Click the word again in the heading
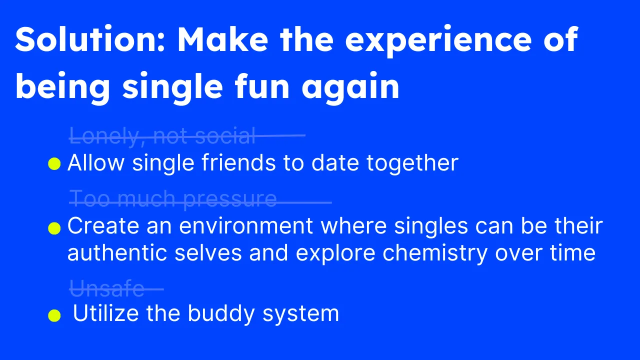(x=350, y=88)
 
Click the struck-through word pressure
(x=230, y=199)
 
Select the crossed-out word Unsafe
(x=107, y=288)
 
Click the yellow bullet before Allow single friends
(x=54, y=164)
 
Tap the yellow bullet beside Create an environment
(x=54, y=228)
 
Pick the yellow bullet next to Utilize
(x=54, y=315)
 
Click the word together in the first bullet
(x=412, y=163)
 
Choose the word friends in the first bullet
(x=239, y=162)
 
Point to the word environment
(x=246, y=226)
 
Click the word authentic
(x=117, y=253)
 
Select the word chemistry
(x=435, y=253)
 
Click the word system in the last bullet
(x=300, y=315)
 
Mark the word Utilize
(x=105, y=313)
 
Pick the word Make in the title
(x=223, y=39)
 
